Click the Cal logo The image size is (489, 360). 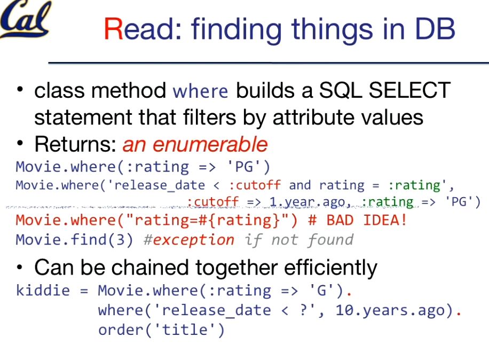[26, 19]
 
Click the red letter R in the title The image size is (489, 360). [114, 29]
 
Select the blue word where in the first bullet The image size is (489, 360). [201, 91]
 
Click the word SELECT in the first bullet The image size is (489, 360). [409, 90]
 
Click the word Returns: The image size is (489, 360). [75, 144]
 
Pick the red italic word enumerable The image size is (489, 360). [210, 145]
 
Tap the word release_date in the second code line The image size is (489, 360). [160, 186]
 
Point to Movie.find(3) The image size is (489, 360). [75, 240]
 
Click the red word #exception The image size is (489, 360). [188, 240]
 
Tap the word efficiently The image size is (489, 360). [330, 268]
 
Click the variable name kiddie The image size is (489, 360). [43, 291]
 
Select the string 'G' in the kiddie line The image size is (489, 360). [321, 291]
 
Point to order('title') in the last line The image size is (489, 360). [161, 330]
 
